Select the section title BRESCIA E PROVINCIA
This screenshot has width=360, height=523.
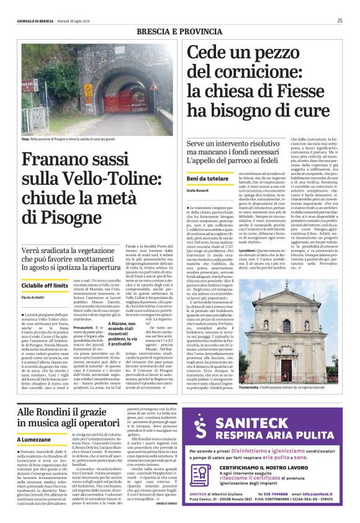(180, 30)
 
